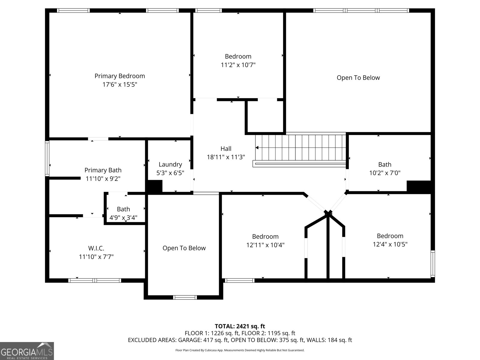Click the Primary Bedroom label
(x=120, y=76)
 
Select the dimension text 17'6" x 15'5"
(x=120, y=84)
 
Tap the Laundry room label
(x=170, y=164)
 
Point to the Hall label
(x=226, y=148)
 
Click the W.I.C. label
(x=96, y=248)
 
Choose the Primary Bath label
(x=103, y=170)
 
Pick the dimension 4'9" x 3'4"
(x=123, y=218)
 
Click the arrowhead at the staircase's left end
(x=257, y=148)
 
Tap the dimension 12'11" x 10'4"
(x=265, y=245)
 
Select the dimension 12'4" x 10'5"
(x=390, y=244)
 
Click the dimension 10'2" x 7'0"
(x=385, y=173)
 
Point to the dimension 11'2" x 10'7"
(x=238, y=65)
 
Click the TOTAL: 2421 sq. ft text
(x=240, y=326)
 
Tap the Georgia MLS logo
(x=27, y=351)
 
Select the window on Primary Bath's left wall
(x=47, y=158)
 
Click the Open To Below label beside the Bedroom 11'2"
(x=358, y=78)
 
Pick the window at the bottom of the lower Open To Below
(x=185, y=297)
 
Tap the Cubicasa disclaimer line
(x=240, y=350)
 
